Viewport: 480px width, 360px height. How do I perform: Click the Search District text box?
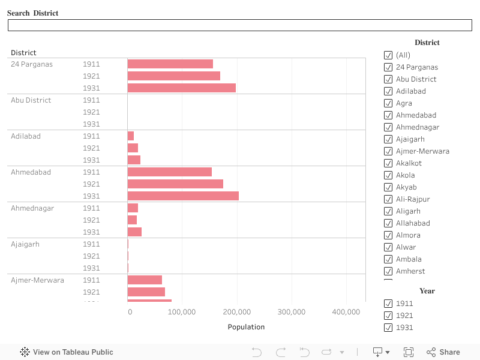point(240,25)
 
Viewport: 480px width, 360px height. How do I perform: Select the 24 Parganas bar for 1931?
point(181,88)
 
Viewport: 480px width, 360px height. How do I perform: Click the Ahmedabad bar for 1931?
point(183,196)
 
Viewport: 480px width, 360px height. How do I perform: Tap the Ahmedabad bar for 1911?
point(170,172)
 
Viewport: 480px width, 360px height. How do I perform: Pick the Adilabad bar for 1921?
point(133,148)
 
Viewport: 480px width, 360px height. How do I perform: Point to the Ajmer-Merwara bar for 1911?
point(145,280)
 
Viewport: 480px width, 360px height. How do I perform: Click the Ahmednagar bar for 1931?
point(134,232)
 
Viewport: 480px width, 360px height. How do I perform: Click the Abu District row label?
point(31,100)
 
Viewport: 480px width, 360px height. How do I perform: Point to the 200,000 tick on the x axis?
point(237,312)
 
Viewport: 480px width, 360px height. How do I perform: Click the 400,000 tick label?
point(346,312)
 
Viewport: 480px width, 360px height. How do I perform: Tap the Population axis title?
point(246,327)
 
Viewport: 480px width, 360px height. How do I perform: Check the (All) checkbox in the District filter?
point(388,55)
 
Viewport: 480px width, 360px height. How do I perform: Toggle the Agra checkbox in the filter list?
point(388,103)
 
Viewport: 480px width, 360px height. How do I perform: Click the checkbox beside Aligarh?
point(388,211)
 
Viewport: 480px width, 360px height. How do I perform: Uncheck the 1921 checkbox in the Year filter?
point(388,316)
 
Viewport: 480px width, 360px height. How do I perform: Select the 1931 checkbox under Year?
point(388,328)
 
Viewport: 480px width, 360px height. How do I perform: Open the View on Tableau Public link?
point(67,352)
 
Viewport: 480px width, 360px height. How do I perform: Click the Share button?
point(443,352)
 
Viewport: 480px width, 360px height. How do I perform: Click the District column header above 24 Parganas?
point(23,53)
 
